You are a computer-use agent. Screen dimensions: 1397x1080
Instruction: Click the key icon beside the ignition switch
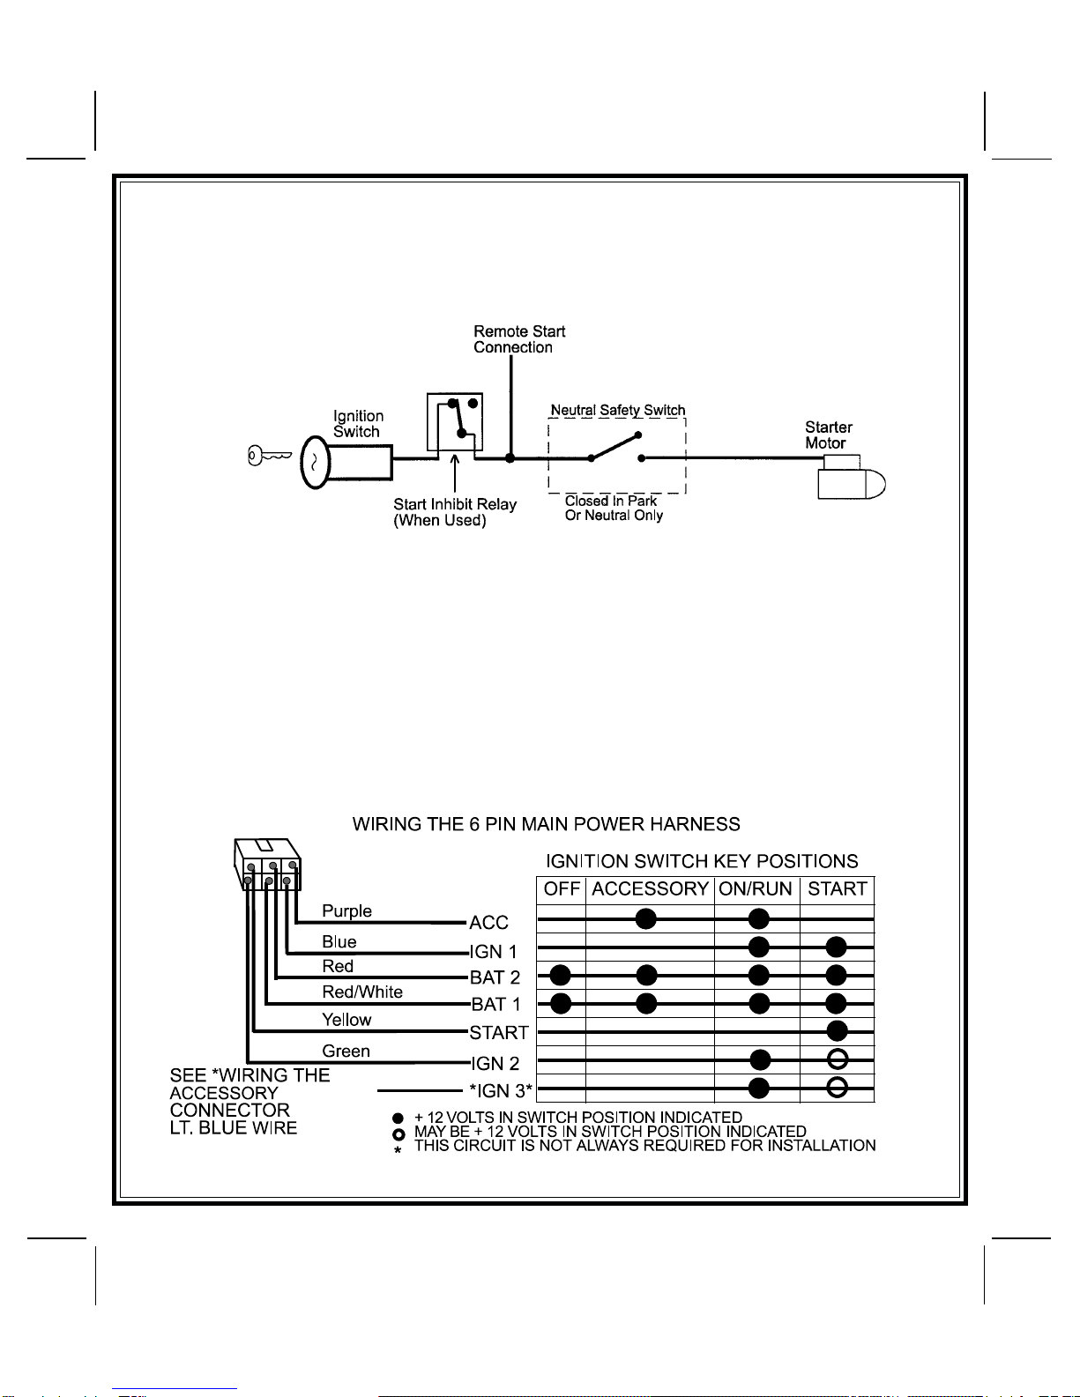tap(268, 456)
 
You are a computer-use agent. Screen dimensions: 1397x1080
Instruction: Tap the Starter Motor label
tap(828, 435)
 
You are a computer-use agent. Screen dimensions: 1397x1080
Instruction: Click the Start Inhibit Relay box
tap(455, 422)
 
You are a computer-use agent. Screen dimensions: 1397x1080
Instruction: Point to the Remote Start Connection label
tap(518, 339)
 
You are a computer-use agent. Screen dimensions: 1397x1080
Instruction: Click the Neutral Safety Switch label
tap(617, 410)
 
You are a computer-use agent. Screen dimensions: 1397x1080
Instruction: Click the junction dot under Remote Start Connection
tap(510, 458)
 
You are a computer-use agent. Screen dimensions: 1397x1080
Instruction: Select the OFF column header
tap(562, 888)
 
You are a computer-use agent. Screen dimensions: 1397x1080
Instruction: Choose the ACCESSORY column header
tap(650, 888)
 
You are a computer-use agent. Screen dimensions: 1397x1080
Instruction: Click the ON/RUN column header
tap(756, 888)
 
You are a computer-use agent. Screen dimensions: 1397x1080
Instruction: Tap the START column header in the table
tap(838, 888)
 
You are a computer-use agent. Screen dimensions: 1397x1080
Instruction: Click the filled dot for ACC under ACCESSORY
tap(646, 919)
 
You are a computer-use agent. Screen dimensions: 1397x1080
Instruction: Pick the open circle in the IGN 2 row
tap(838, 1059)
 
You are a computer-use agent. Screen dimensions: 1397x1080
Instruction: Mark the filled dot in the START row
tap(837, 1030)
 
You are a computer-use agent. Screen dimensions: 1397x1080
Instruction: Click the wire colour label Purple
tap(346, 910)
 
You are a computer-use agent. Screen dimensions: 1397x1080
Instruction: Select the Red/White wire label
tap(362, 992)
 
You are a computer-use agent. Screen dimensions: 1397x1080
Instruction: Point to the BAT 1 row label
tap(495, 1004)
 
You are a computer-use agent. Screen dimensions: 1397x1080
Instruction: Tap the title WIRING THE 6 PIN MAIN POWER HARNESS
tap(546, 824)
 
